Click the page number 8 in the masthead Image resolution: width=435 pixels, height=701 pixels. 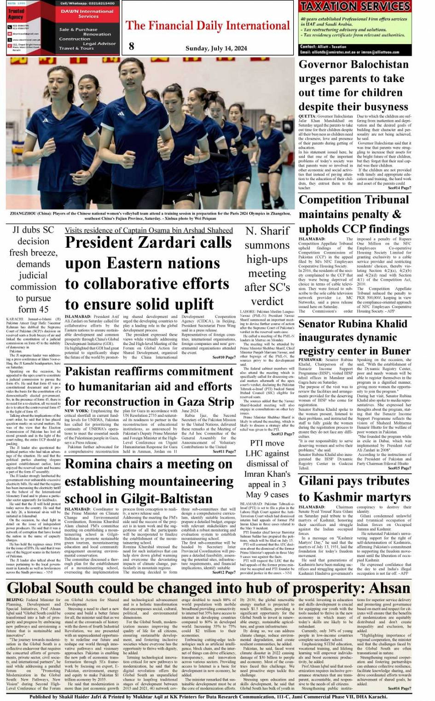point(132,45)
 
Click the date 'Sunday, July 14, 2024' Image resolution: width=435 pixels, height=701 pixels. point(216,48)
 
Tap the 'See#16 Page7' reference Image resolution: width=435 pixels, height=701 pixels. point(399,688)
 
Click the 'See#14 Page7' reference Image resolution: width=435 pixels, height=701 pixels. point(399,188)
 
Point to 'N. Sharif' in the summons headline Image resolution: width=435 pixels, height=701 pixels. point(267,231)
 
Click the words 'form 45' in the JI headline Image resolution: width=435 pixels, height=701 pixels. point(33,309)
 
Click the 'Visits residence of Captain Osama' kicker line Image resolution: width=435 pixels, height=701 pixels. point(149,230)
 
